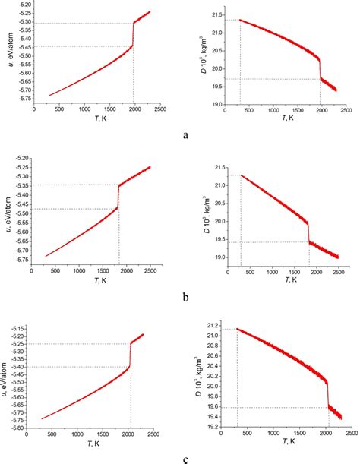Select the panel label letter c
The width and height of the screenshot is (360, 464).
186,459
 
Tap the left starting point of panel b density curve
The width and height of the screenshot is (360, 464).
241,175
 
